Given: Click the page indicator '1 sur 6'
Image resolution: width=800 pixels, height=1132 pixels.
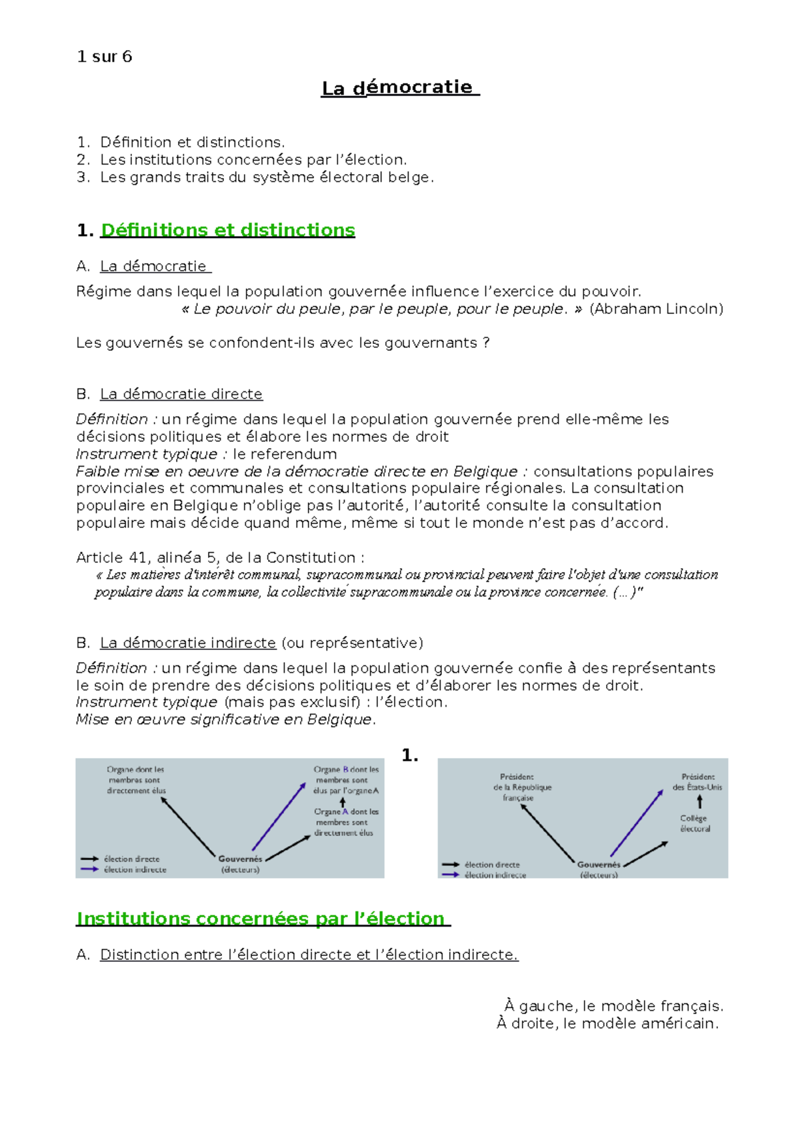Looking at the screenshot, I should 105,57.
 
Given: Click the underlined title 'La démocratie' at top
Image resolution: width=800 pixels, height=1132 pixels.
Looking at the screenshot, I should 400,87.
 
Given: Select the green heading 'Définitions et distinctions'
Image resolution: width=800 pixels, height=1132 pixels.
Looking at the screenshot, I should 227,230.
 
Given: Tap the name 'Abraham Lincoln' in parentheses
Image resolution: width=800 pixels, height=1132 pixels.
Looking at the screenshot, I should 657,309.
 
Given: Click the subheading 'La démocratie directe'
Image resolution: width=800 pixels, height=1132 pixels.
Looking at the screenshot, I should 181,394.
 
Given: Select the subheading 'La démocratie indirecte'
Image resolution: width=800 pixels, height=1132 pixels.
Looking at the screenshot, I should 188,643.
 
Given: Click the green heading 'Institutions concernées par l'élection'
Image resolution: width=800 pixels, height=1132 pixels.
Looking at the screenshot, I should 263,919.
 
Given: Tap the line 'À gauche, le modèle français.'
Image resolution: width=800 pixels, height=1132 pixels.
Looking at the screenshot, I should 614,1006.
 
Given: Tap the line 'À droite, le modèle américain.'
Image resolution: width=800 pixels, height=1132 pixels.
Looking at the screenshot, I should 608,1023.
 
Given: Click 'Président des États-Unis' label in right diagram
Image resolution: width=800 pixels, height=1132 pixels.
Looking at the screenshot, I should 697,781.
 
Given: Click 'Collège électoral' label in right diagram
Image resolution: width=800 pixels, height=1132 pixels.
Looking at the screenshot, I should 695,823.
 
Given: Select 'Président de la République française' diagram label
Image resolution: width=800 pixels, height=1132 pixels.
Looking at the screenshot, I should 522,787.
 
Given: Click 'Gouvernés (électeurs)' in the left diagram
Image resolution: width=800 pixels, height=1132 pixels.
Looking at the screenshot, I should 240,864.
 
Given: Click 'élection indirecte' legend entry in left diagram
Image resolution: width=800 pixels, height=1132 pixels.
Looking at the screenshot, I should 135,870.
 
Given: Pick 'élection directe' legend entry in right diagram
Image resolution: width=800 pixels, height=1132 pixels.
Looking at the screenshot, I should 492,865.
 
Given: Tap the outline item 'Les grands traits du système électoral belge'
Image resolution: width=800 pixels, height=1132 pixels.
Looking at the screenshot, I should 267,177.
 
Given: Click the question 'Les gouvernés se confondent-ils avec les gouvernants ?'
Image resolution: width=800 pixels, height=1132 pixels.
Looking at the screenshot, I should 283,343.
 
